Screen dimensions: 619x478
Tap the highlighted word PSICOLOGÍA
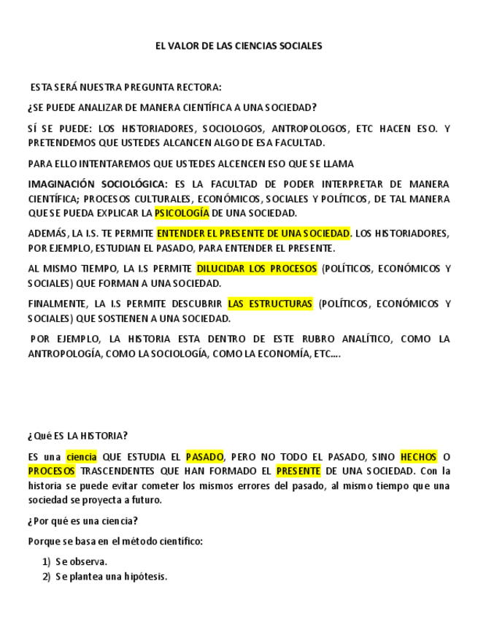point(182,213)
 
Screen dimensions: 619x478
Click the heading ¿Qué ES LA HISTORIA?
point(77,436)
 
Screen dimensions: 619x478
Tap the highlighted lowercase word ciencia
point(81,457)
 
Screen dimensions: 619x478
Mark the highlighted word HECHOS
point(418,457)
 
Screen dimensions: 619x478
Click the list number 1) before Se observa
point(46,562)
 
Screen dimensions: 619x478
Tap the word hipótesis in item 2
point(146,577)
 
